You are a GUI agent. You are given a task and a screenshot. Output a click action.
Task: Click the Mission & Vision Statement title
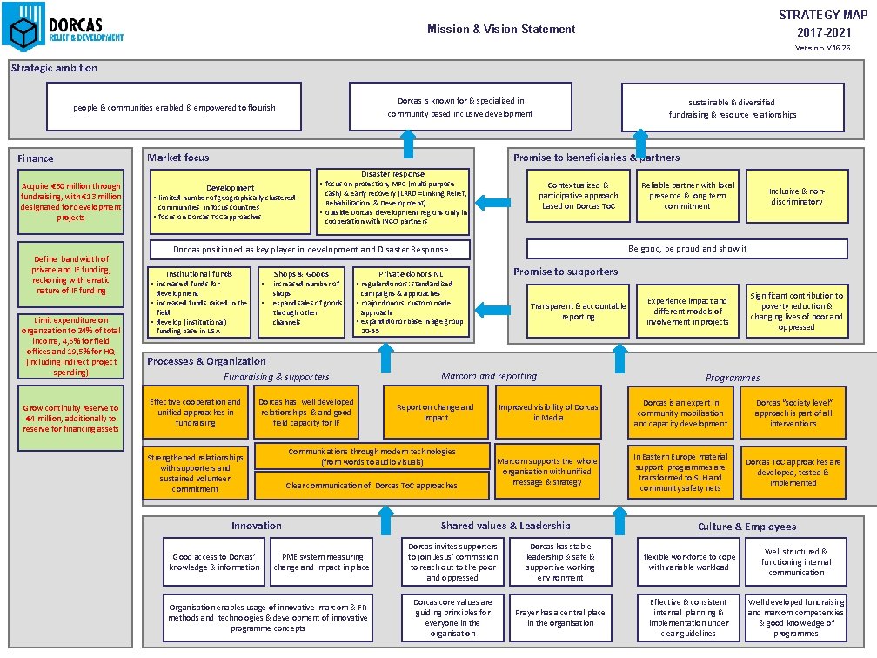[501, 30]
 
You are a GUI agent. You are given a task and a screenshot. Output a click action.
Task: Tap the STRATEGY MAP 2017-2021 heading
[822, 23]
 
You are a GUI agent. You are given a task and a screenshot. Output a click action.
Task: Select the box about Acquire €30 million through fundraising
[71, 202]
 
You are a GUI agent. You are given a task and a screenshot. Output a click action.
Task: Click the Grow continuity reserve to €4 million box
[71, 419]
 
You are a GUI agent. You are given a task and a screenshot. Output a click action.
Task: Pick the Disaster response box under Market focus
[393, 201]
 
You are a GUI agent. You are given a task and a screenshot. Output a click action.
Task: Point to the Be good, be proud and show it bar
[687, 249]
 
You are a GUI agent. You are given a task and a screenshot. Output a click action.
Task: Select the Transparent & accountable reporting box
[579, 312]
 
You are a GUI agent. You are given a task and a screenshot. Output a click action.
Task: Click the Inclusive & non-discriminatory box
[796, 196]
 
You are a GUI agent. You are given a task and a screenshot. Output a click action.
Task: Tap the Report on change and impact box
[435, 413]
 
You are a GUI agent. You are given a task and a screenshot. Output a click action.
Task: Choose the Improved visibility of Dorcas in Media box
[548, 413]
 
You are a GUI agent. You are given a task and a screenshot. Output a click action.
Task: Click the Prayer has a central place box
[560, 618]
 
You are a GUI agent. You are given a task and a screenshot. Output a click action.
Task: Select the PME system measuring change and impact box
[321, 562]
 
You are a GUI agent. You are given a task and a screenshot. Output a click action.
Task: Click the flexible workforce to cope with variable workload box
[689, 562]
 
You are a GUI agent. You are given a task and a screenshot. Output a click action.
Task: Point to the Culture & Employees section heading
[746, 527]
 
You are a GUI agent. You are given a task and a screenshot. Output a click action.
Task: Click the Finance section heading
[36, 158]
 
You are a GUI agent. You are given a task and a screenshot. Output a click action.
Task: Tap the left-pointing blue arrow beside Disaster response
[493, 203]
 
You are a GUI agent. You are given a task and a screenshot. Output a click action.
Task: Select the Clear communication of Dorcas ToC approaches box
[372, 486]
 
